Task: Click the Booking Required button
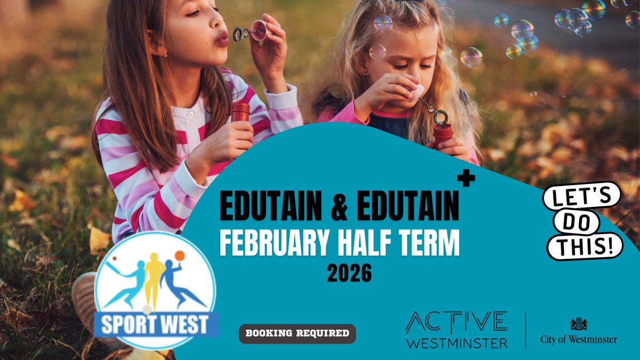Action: coord(297,334)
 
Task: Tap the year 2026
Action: coord(349,274)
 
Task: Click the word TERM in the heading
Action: coord(429,244)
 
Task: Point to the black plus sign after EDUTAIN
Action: coord(466,180)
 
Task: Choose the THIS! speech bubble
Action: coord(585,245)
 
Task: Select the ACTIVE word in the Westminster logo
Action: coord(456,322)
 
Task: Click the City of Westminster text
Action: coord(579,339)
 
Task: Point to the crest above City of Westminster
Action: coord(579,324)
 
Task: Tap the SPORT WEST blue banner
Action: coord(156,325)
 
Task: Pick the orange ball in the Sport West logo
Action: coord(179,255)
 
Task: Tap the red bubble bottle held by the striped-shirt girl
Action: coord(240,112)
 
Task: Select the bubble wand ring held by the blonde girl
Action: coord(441,116)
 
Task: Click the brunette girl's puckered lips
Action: coord(221,37)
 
